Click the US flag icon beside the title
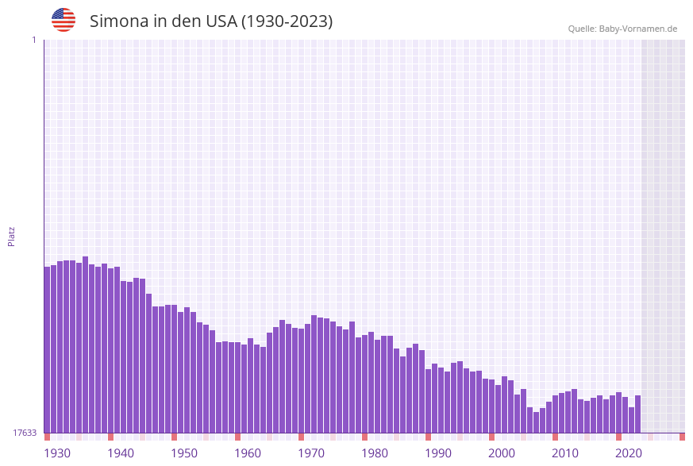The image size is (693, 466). [x=64, y=20]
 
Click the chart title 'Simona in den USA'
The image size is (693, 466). [x=210, y=21]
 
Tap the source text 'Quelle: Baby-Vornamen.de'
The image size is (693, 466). [x=622, y=29]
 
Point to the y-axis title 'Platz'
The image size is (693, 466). [x=12, y=236]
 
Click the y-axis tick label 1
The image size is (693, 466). [x=33, y=40]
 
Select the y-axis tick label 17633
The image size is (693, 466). [x=25, y=433]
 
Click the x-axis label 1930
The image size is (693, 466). [x=57, y=453]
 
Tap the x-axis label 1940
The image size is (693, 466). [x=121, y=453]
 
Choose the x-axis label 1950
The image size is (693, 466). [x=184, y=453]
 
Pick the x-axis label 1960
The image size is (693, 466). [x=248, y=453]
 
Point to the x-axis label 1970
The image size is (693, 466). [x=311, y=453]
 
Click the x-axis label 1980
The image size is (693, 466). [x=375, y=453]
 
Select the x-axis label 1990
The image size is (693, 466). [x=438, y=453]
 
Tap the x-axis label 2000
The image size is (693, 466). [x=502, y=453]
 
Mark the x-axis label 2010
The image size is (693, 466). [x=565, y=453]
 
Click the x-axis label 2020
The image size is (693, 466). [x=629, y=453]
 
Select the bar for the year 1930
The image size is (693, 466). [x=48, y=349]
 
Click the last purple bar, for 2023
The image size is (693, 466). [x=637, y=414]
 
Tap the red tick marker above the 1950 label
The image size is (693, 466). [x=175, y=437]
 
